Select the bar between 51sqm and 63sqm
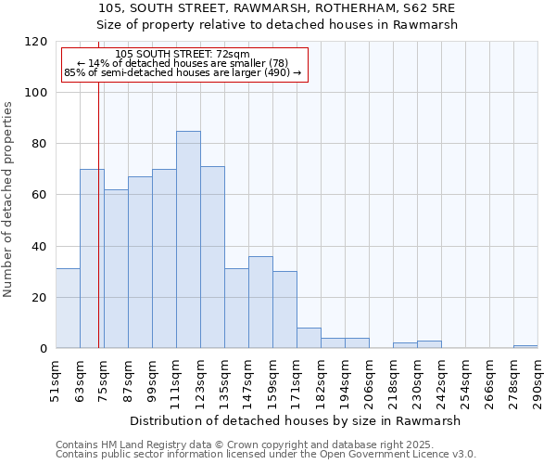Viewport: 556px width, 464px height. (68, 309)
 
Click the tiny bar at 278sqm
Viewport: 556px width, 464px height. (525, 346)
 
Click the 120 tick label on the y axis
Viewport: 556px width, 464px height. (37, 42)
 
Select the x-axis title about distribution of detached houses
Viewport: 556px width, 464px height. (295, 420)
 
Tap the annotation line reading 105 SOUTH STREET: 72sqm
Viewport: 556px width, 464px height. (183, 55)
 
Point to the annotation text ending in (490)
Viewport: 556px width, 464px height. (183, 72)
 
